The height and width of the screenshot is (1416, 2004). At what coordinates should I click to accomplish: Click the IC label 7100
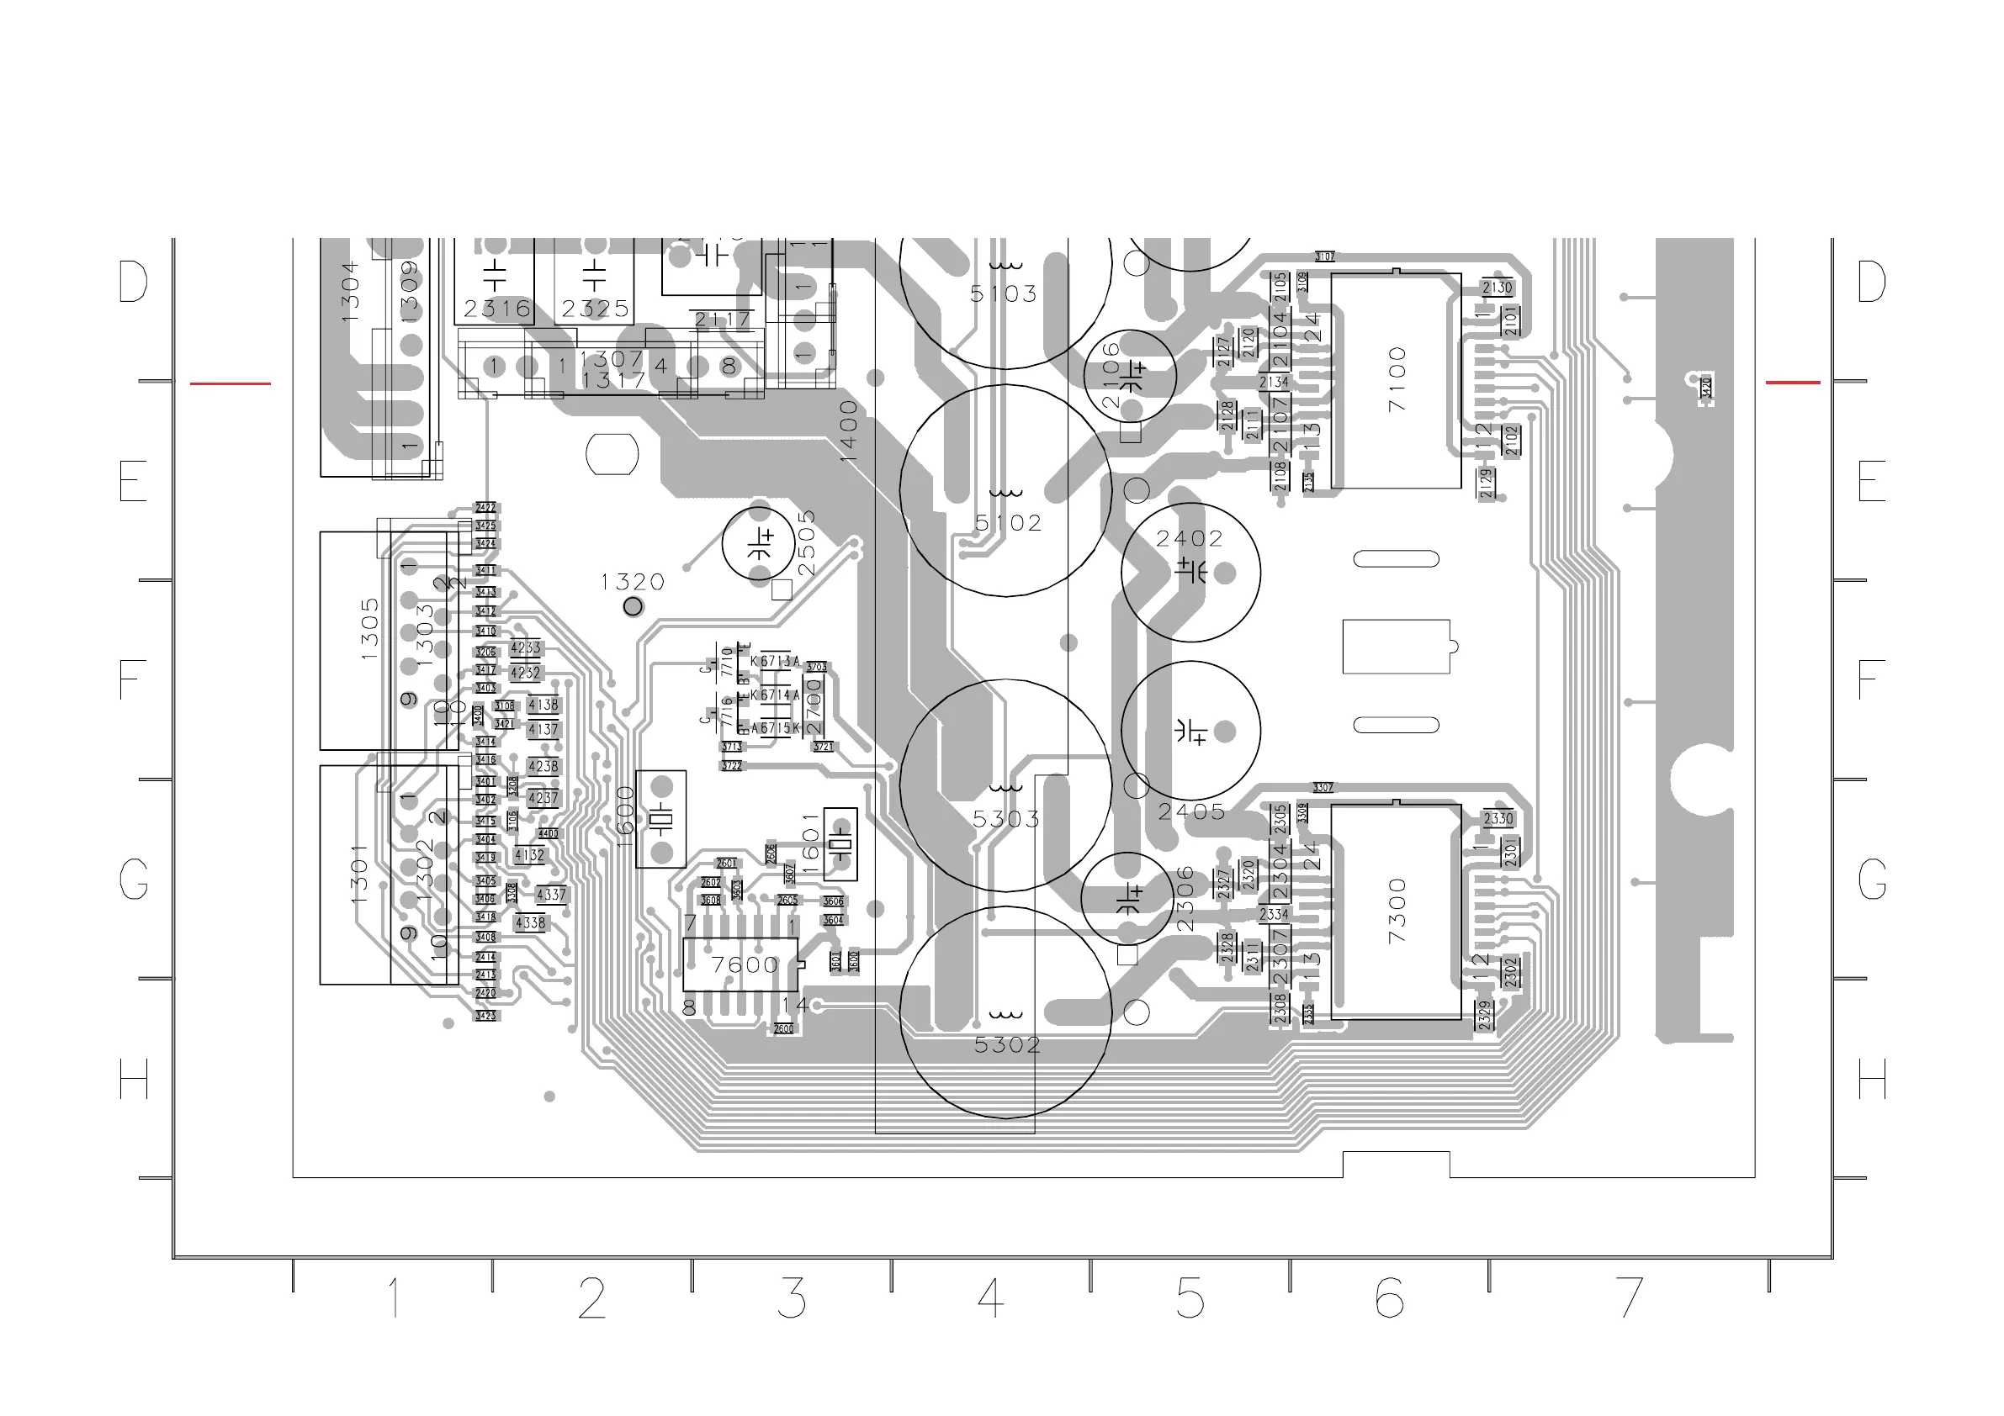(1397, 379)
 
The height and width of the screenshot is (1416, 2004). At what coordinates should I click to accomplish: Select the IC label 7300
(1397, 910)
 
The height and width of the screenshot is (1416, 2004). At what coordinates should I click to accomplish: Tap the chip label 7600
(744, 965)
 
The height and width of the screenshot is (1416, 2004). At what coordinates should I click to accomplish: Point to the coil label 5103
(1004, 294)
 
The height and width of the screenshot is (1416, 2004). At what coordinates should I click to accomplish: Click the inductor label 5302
(1007, 1045)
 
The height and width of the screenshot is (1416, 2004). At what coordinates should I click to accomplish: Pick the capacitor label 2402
(1190, 539)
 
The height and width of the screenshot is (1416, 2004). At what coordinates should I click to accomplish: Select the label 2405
(1191, 812)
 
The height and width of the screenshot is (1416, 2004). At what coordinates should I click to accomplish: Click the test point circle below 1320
(633, 606)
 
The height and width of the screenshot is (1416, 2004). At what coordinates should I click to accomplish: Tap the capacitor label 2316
(496, 309)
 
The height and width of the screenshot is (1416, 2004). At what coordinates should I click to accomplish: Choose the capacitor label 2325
(596, 309)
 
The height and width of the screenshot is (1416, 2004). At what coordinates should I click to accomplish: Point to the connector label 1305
(370, 628)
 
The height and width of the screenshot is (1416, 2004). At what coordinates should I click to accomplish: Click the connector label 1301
(358, 874)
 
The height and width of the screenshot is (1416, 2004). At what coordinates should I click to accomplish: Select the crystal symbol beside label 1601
(840, 844)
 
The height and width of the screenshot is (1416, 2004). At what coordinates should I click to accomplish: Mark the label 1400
(848, 431)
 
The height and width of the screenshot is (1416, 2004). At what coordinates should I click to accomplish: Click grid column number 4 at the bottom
(991, 1298)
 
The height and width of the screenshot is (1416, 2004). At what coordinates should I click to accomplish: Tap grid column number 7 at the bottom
(1629, 1298)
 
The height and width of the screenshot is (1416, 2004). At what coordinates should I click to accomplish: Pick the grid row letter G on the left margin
(134, 880)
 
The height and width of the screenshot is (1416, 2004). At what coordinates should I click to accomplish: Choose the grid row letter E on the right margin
(1870, 481)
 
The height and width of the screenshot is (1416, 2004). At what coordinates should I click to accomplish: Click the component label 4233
(526, 648)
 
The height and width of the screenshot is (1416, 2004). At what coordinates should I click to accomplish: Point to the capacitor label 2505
(806, 542)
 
